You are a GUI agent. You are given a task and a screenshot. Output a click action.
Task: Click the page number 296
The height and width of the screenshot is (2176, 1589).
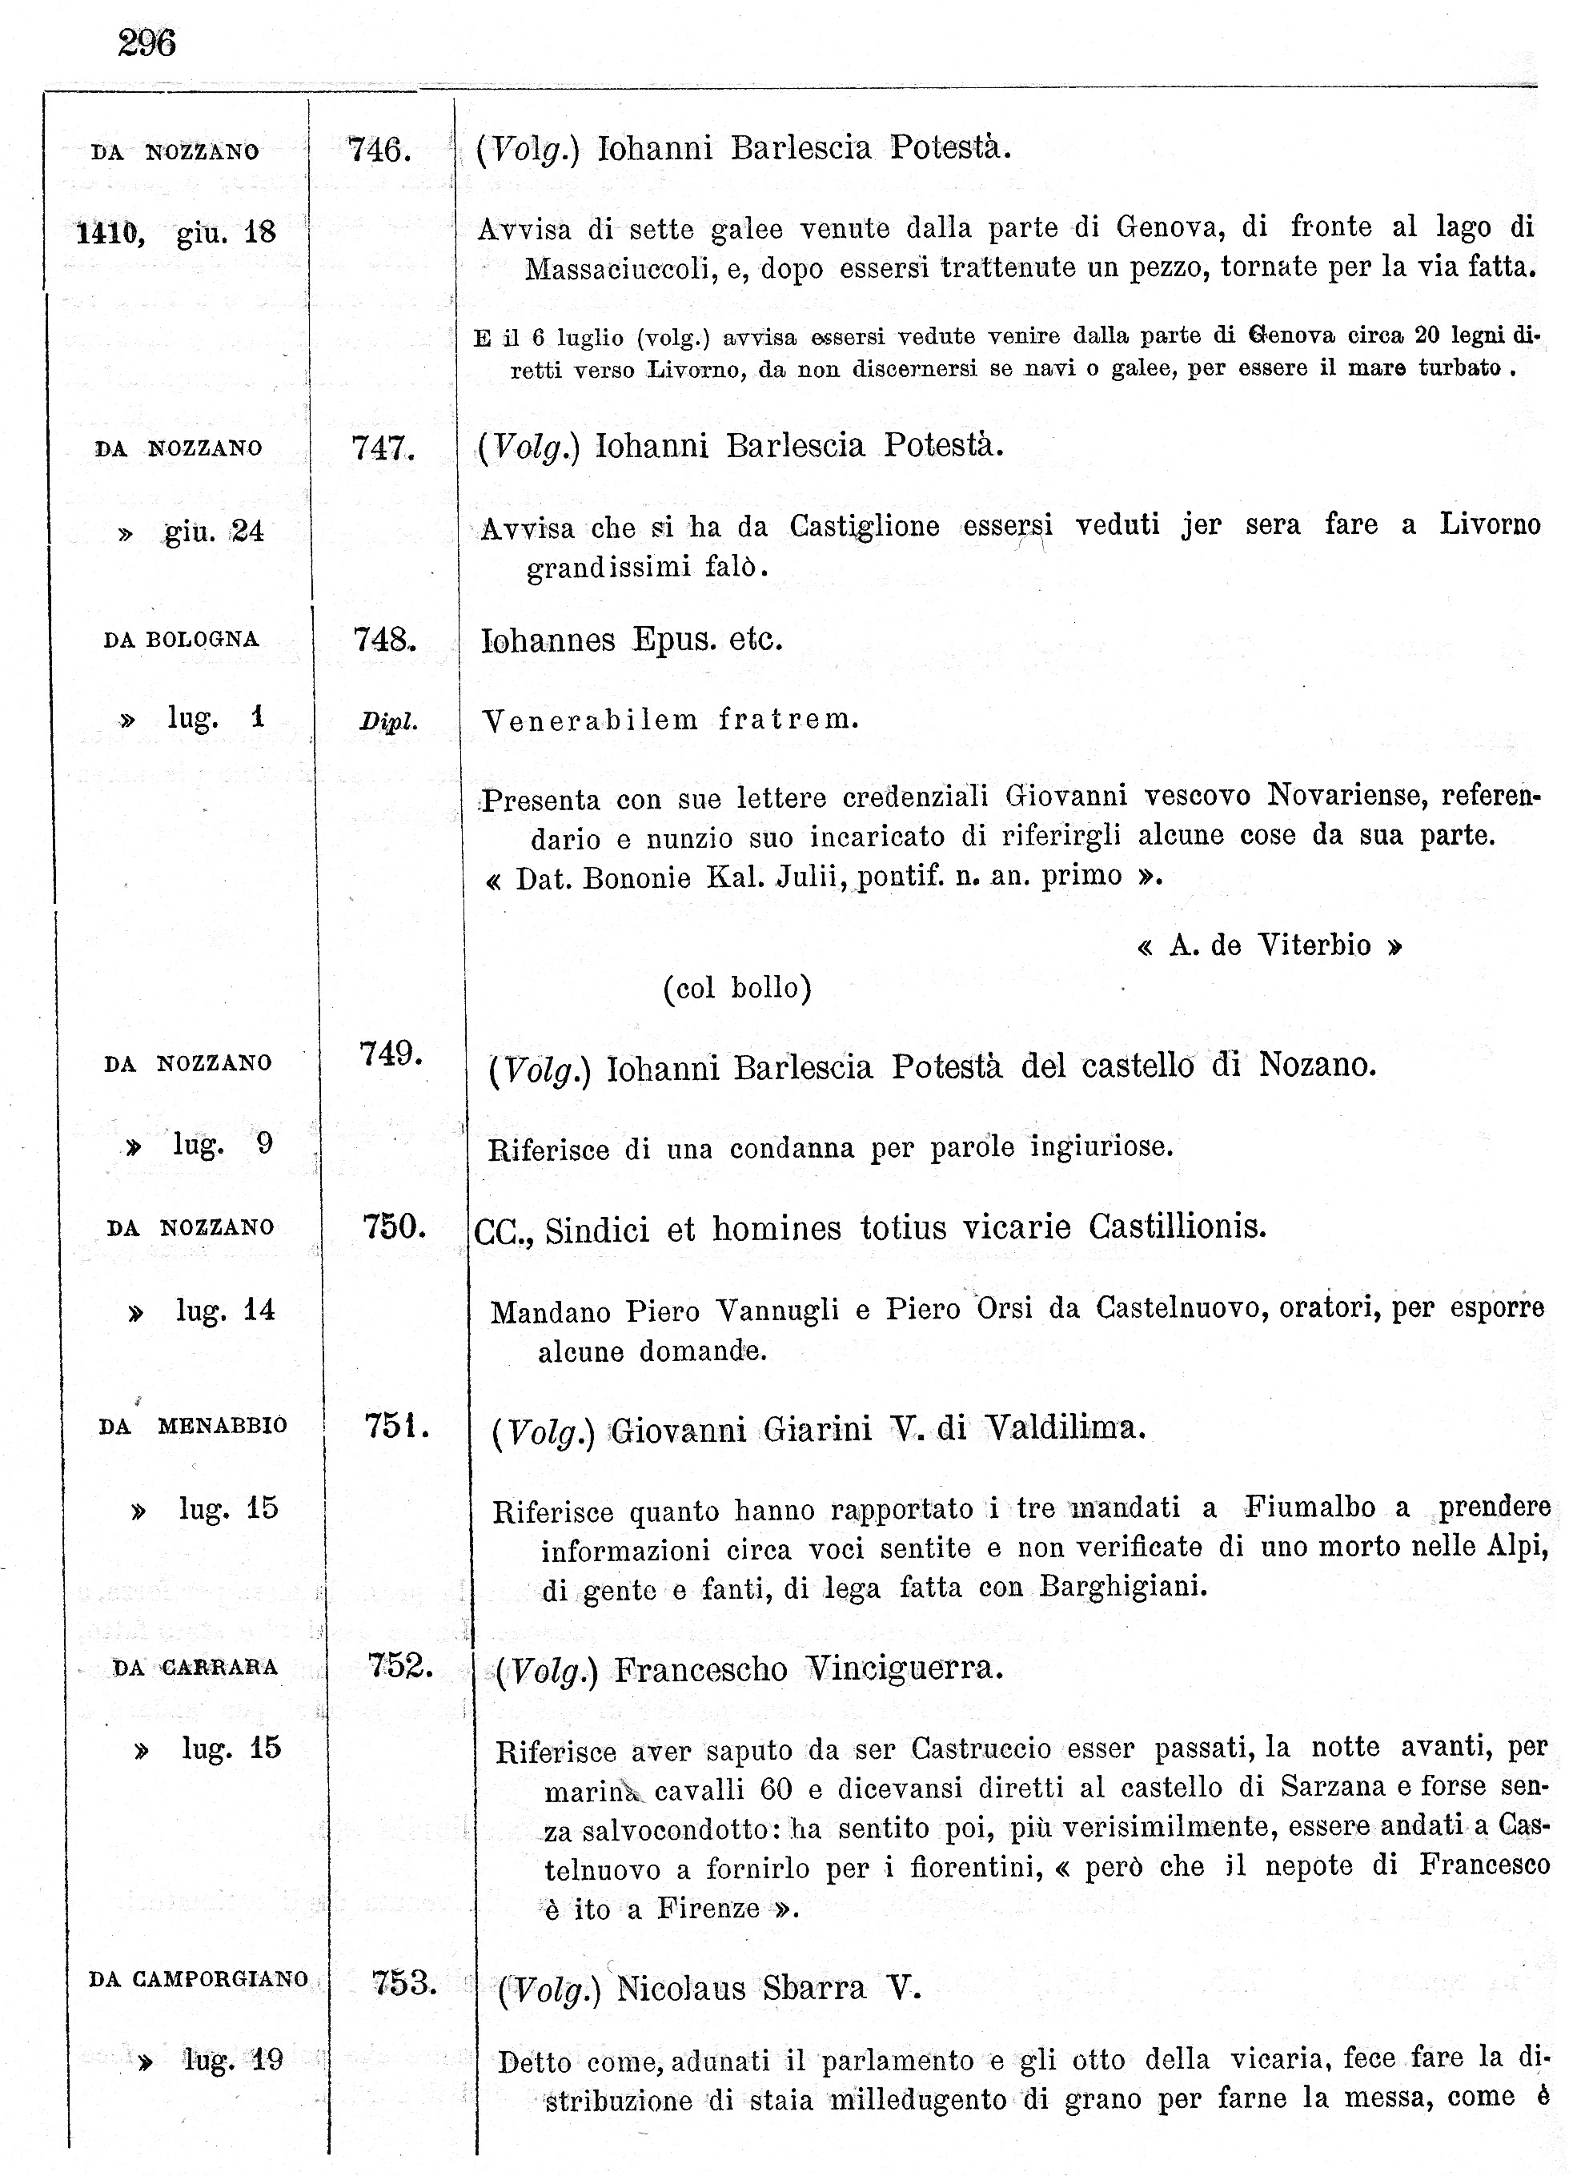(x=147, y=43)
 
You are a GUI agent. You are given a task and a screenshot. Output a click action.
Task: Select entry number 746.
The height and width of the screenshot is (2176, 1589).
(x=380, y=150)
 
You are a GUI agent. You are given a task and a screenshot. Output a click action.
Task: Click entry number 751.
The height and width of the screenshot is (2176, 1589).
(x=395, y=1426)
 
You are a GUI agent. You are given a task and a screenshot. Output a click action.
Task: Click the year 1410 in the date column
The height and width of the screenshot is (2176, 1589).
(x=109, y=233)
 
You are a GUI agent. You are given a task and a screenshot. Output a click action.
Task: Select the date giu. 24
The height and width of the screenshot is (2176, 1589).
(x=214, y=531)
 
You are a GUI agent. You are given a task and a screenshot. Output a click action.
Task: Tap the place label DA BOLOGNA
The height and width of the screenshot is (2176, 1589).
(x=181, y=640)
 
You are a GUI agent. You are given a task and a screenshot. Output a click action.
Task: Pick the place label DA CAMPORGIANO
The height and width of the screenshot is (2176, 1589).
(x=199, y=1980)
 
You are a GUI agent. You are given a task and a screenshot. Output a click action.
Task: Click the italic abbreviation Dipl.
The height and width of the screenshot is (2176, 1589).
(x=387, y=721)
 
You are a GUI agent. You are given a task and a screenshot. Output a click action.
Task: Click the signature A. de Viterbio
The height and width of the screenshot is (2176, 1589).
(x=1269, y=946)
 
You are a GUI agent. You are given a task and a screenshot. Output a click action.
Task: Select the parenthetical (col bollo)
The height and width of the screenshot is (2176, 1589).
(x=736, y=988)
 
